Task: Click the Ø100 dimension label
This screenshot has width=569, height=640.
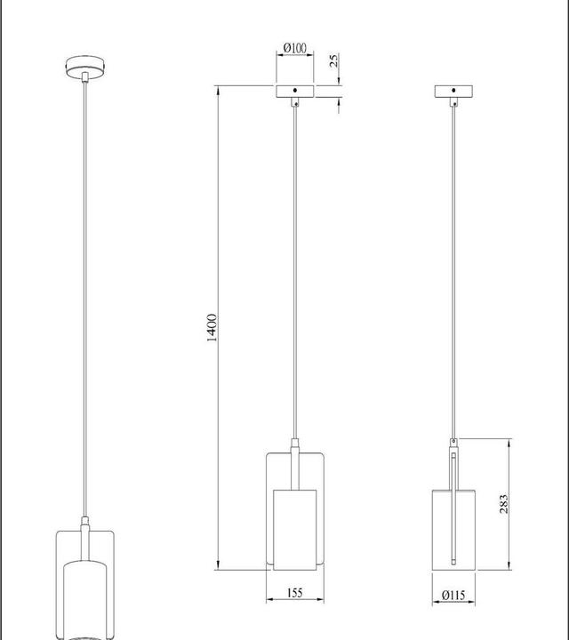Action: (293, 46)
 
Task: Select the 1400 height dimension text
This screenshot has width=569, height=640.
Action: (212, 328)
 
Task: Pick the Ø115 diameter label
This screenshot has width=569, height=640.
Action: (453, 596)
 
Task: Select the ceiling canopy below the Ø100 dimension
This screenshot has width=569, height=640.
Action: (294, 91)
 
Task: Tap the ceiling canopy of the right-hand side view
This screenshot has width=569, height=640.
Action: (453, 91)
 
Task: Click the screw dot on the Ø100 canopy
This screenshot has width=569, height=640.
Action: (294, 91)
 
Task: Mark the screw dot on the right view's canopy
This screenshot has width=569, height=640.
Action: (453, 91)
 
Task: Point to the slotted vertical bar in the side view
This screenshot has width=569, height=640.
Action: (454, 507)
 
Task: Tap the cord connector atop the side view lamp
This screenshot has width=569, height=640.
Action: (454, 443)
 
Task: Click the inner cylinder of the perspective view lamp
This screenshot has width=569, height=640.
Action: (84, 596)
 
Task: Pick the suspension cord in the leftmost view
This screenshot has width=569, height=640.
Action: (84, 293)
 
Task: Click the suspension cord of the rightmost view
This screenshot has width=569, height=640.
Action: (453, 267)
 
